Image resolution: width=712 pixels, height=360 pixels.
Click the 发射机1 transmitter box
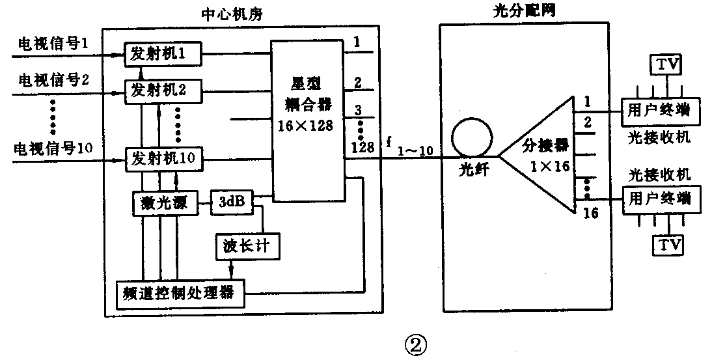click(x=163, y=54)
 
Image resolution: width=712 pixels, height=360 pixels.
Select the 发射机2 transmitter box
click(x=163, y=89)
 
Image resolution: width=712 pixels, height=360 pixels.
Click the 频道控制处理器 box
click(x=180, y=294)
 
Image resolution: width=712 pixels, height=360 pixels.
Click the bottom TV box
click(x=668, y=245)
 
